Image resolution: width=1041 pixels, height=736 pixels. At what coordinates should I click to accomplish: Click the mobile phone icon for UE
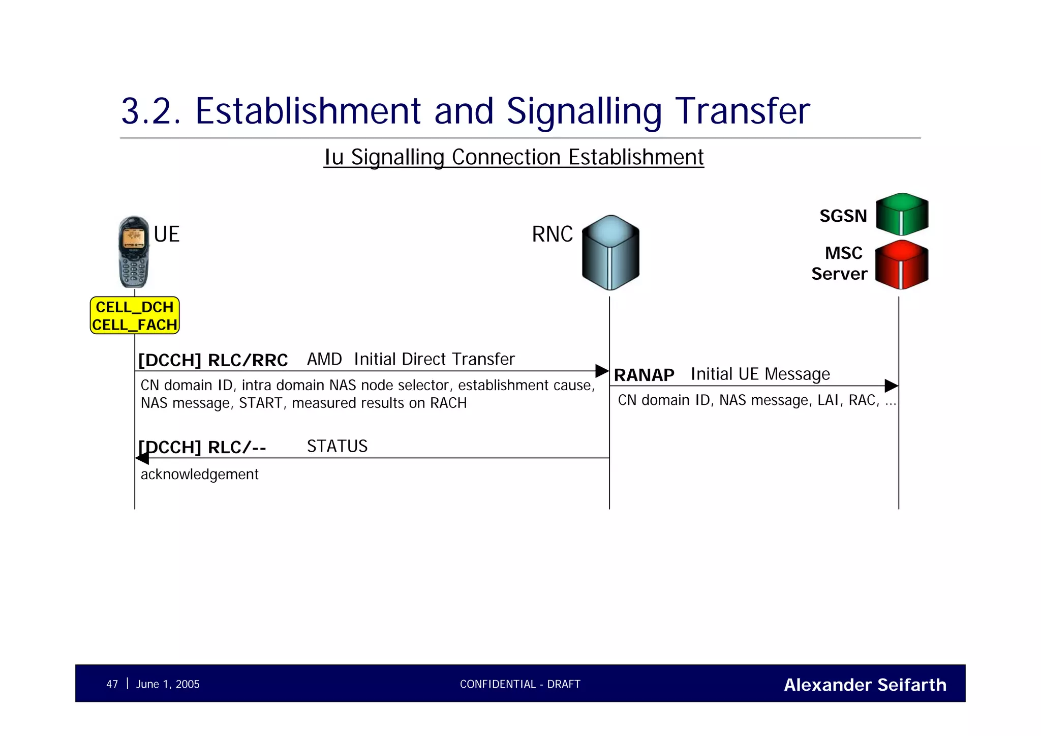[x=134, y=252]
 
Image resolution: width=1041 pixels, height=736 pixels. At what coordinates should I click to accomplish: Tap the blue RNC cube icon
[x=610, y=253]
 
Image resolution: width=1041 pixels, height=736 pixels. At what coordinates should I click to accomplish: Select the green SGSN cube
[x=902, y=214]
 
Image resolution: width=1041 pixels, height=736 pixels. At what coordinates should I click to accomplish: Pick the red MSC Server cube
[x=902, y=265]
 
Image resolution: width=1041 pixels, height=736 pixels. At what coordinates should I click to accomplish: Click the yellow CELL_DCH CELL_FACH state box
[x=135, y=315]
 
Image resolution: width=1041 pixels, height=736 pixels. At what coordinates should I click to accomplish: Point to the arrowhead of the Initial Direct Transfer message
[x=602, y=371]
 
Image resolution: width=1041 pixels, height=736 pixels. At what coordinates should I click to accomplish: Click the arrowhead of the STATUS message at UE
[x=142, y=458]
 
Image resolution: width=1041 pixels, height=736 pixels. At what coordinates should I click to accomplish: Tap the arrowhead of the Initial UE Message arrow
[x=891, y=386]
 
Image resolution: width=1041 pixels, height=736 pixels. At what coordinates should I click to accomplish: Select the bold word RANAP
[x=644, y=375]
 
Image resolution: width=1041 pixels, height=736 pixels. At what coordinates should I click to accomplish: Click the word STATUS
[x=337, y=446]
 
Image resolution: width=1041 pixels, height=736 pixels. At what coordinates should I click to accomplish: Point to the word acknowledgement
[x=199, y=474]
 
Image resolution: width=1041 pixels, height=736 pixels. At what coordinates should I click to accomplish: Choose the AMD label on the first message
[x=324, y=359]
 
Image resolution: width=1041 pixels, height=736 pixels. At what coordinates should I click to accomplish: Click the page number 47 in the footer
[x=112, y=684]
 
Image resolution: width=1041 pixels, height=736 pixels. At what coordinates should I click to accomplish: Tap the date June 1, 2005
[x=168, y=684]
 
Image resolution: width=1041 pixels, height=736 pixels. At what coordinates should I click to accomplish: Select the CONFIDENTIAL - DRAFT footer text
[x=520, y=684]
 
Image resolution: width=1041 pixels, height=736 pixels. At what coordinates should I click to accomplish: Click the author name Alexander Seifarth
[x=865, y=685]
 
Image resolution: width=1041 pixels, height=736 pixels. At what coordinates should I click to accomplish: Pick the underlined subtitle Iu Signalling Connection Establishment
[x=514, y=157]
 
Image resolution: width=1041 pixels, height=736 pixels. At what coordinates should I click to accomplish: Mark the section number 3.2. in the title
[x=150, y=111]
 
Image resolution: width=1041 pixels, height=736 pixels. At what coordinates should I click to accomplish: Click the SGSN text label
[x=843, y=216]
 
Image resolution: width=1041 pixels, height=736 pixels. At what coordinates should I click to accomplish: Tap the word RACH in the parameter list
[x=448, y=403]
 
